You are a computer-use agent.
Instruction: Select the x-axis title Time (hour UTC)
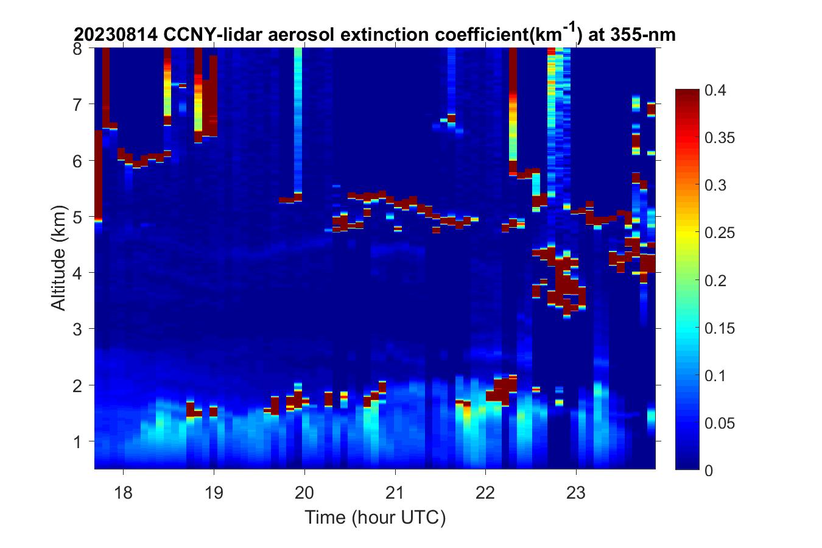[x=375, y=518]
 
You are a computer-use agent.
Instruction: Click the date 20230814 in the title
[x=116, y=35]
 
